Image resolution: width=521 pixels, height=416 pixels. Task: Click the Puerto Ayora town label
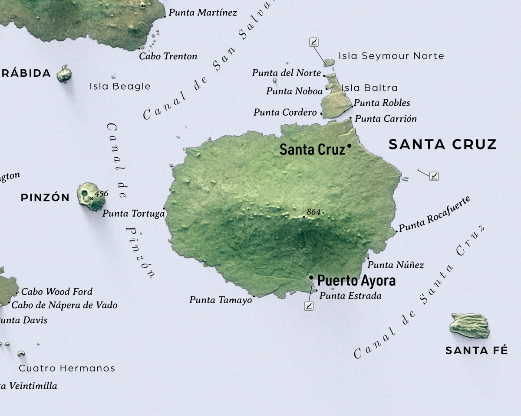coord(356,281)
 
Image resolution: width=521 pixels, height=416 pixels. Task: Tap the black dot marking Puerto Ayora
coord(311,277)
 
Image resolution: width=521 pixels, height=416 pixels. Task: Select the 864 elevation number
coord(313,212)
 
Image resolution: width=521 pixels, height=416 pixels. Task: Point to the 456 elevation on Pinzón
coord(101,194)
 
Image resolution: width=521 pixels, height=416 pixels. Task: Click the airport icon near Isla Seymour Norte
coord(314,42)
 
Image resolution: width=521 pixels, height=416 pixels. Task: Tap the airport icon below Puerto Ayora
coord(309,306)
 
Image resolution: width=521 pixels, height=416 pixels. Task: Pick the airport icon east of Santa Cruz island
coord(434,176)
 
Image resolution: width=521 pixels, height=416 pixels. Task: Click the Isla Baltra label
coord(369,88)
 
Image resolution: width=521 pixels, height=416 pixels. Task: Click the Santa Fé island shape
coord(470,325)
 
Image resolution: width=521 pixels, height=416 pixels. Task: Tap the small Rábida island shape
coord(64,74)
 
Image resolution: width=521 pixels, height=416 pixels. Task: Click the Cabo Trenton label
coord(168,56)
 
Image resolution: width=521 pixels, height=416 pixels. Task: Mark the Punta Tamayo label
coord(220,299)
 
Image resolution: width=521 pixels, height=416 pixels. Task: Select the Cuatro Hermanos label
coord(67,368)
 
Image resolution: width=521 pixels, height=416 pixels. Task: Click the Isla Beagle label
coord(120,86)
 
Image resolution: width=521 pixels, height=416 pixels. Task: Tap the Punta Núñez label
coord(396,265)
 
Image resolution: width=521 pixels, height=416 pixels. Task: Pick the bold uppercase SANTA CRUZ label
coord(442,144)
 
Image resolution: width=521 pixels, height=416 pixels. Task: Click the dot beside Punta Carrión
coord(351,118)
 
